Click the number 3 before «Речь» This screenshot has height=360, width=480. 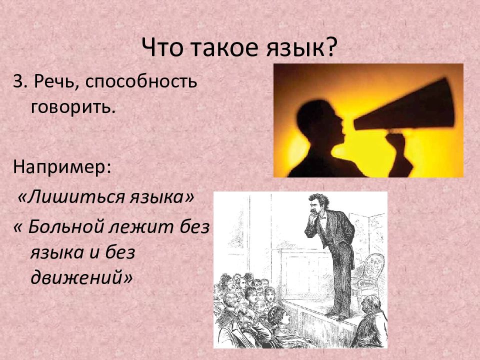click(x=18, y=82)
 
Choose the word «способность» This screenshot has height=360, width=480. click(x=140, y=83)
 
